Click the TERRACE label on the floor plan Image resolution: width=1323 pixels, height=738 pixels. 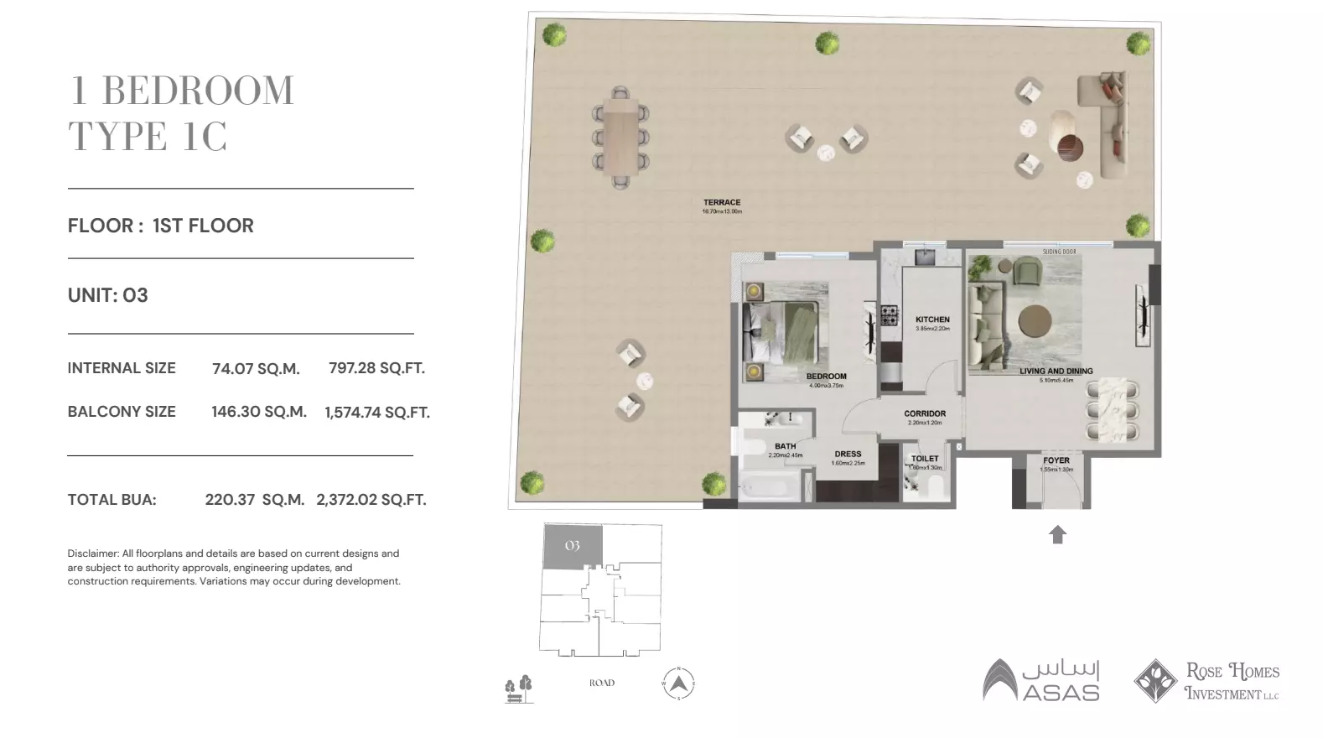[722, 203]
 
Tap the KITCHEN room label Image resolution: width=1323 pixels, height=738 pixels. [932, 320]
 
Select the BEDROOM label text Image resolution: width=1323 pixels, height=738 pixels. [826, 377]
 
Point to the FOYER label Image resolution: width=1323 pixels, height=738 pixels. [1056, 460]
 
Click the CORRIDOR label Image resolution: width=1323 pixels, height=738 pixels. [925, 413]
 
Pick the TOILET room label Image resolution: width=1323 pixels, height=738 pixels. [925, 459]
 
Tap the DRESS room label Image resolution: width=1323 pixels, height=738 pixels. [848, 455]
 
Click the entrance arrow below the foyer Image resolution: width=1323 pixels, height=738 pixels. [1057, 534]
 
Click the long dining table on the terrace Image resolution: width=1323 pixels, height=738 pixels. [621, 137]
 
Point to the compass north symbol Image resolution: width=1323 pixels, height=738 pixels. [678, 683]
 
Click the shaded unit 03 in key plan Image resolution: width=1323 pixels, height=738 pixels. [573, 546]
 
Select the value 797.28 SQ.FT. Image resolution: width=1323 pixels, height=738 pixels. [376, 368]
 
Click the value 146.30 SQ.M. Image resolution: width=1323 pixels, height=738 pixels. [259, 412]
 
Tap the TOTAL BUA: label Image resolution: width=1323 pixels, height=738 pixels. [112, 500]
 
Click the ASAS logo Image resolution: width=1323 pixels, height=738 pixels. [1040, 680]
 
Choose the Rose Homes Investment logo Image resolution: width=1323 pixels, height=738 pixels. [1206, 681]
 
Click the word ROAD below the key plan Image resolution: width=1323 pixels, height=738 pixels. [601, 683]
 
